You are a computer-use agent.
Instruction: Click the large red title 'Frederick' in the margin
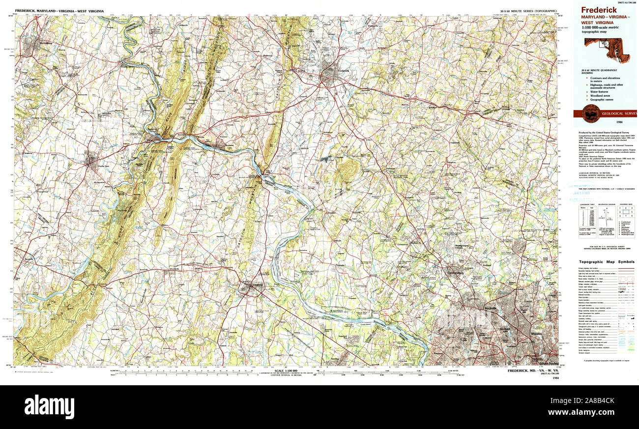click(599, 10)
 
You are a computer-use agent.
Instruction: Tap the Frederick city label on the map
click(343, 71)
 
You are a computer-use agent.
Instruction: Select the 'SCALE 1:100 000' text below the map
click(287, 371)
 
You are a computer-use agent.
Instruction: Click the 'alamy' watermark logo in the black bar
click(49, 407)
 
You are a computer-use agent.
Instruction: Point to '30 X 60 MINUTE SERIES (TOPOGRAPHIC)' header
click(528, 11)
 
